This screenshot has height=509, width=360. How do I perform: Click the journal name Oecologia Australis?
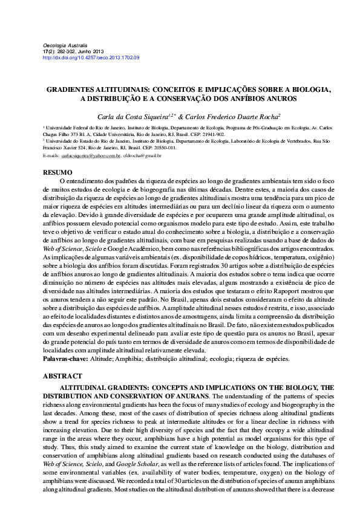click(65, 46)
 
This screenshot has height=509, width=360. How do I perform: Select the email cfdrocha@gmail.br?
click(142, 155)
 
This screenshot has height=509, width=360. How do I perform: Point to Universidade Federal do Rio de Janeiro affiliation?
click(85, 128)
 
